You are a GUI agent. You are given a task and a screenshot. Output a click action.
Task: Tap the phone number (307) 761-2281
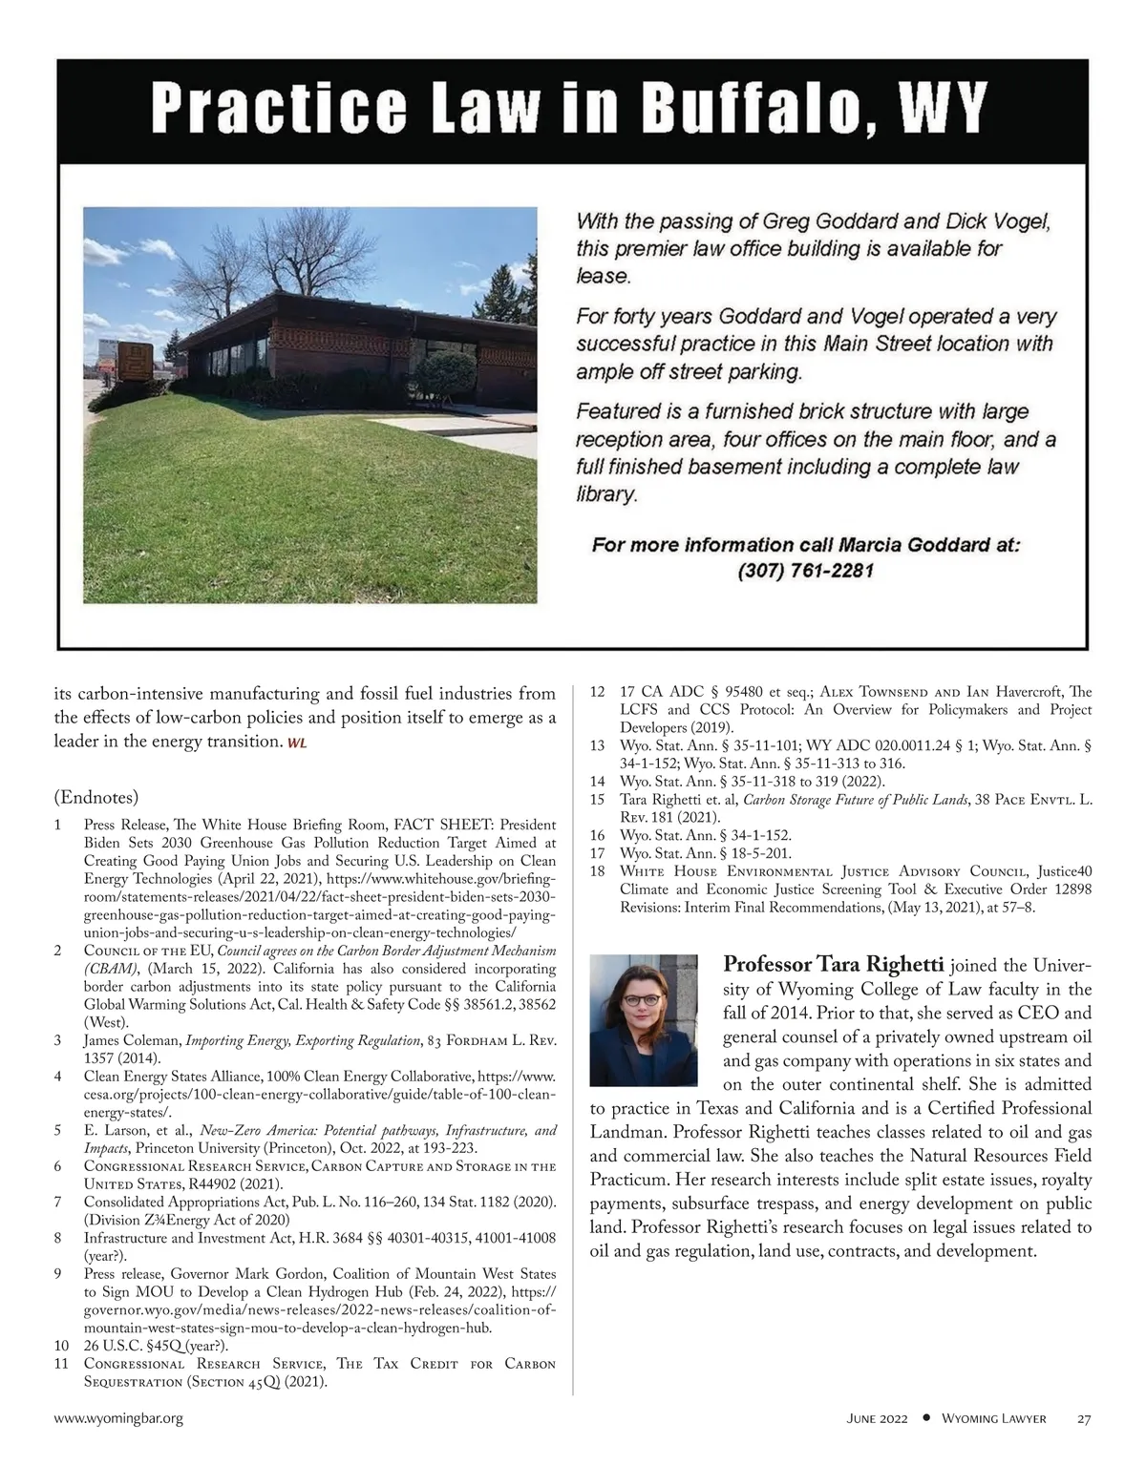(806, 571)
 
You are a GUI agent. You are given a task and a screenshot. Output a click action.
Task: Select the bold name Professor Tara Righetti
(835, 964)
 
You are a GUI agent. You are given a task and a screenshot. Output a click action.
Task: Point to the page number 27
(1084, 1419)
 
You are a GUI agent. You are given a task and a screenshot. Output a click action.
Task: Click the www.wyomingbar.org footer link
(118, 1419)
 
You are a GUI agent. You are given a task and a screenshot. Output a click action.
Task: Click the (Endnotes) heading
(96, 797)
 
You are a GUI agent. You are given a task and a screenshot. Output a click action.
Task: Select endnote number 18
(598, 871)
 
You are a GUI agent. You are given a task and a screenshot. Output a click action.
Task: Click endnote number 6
(59, 1166)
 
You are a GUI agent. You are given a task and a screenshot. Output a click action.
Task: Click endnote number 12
(598, 692)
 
